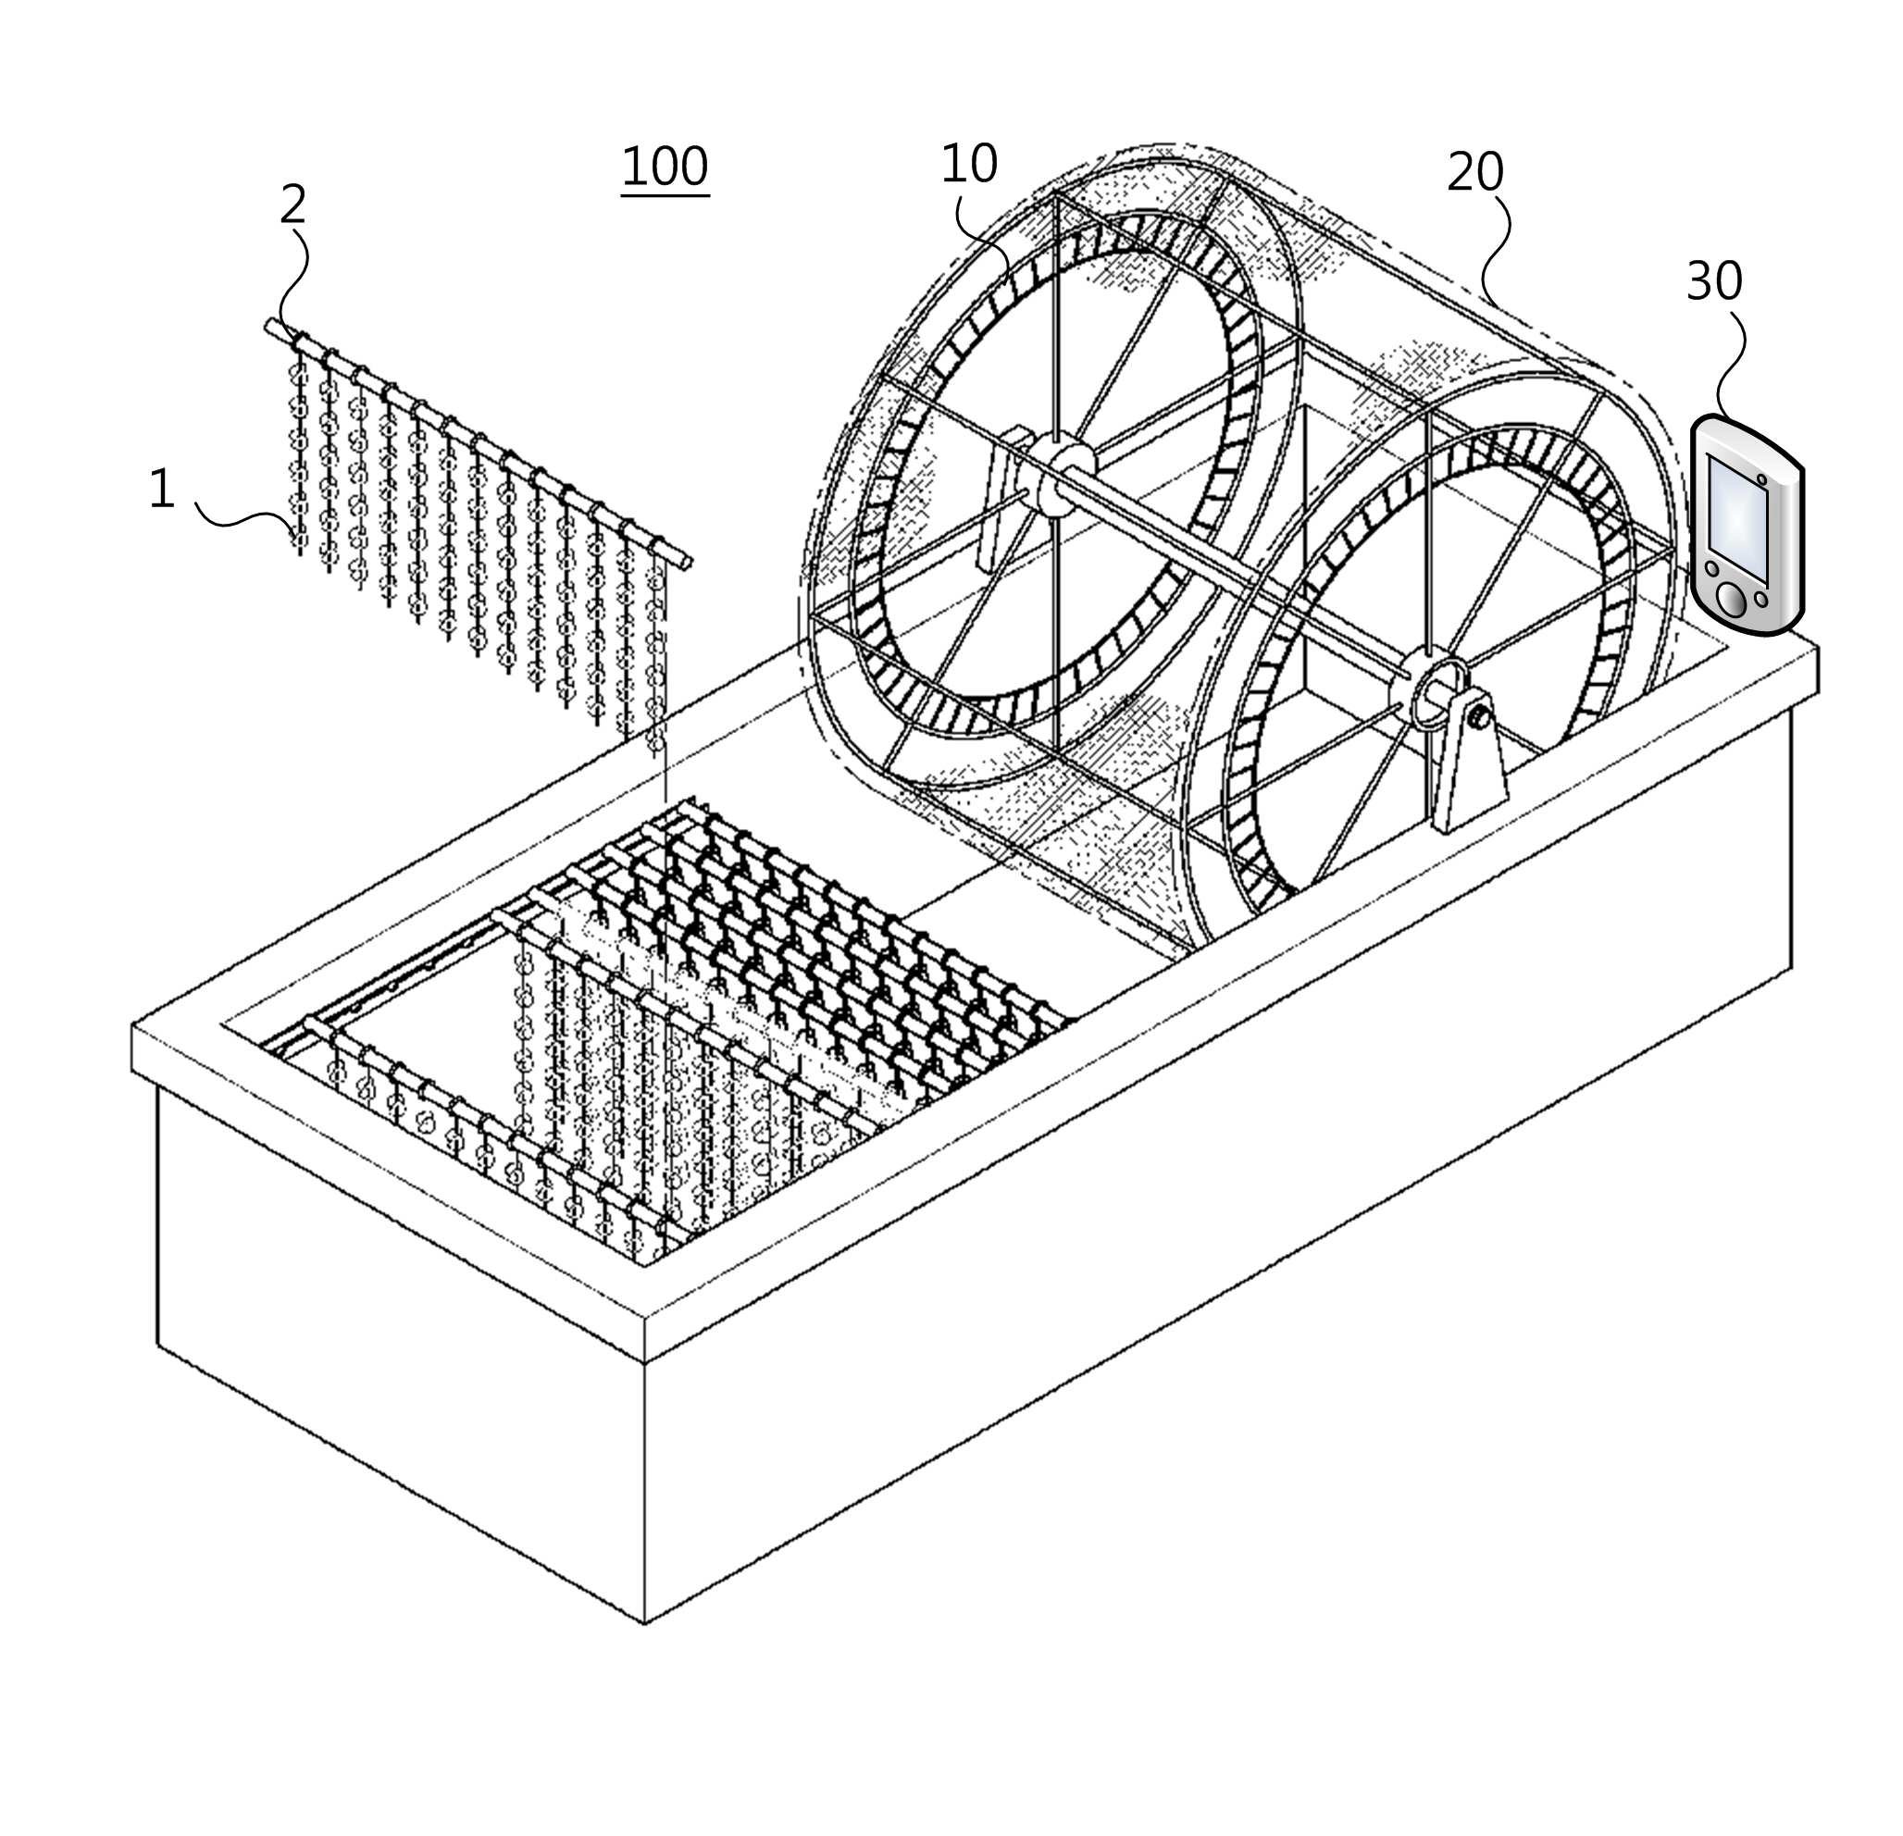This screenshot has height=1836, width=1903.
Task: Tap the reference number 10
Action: point(969,163)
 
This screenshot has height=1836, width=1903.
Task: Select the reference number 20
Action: point(1474,172)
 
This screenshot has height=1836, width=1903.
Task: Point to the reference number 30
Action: point(1714,280)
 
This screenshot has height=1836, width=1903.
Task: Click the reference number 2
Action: point(293,205)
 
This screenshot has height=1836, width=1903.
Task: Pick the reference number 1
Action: point(162,489)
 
